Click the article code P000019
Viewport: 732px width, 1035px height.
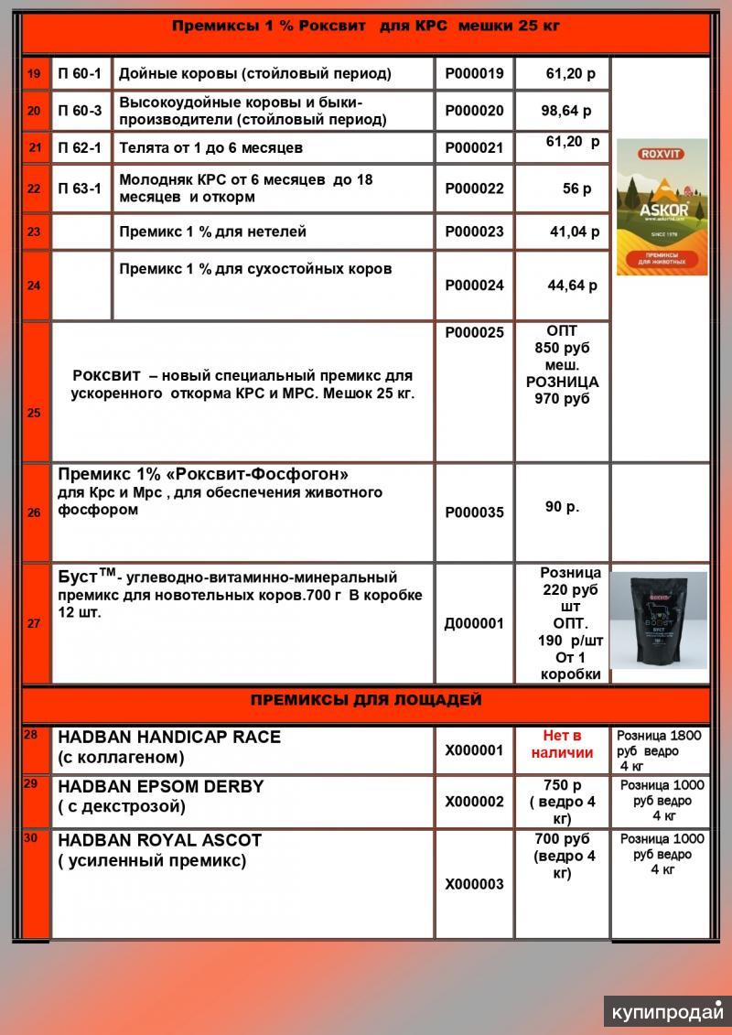(474, 74)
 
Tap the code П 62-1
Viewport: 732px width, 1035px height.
(80, 147)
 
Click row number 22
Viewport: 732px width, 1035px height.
(34, 189)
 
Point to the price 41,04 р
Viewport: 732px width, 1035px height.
(574, 232)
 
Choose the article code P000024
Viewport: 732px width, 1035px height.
(474, 286)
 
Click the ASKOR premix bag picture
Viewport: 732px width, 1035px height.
(662, 207)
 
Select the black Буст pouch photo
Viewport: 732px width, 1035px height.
(659, 620)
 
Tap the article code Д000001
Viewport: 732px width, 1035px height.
(474, 623)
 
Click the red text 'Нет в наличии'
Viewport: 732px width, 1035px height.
(562, 744)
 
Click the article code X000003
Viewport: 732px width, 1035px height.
(474, 884)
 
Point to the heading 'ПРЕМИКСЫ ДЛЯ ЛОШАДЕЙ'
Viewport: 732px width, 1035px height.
(366, 701)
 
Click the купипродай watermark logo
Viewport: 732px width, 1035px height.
(668, 1011)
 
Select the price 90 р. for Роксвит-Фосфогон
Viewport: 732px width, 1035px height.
(562, 506)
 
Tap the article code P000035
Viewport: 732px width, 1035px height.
(474, 512)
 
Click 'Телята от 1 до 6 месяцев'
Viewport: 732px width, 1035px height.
(210, 147)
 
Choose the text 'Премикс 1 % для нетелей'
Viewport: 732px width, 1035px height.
(212, 232)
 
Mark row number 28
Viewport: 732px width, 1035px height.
(32, 735)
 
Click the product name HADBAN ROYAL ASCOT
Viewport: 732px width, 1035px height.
(159, 839)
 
